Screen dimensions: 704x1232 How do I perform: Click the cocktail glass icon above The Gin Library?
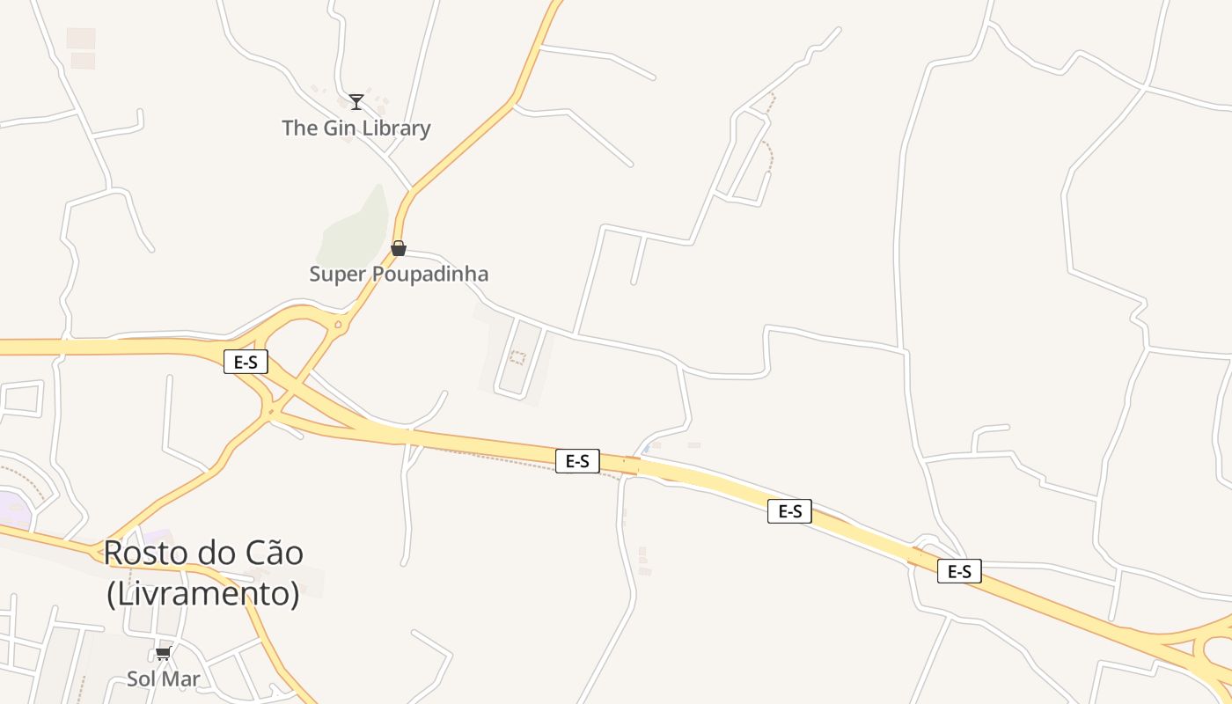point(356,102)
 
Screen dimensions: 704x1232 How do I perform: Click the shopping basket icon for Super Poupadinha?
point(399,248)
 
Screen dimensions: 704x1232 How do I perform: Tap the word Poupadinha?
point(430,275)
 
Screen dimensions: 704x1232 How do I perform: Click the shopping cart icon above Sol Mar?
point(163,653)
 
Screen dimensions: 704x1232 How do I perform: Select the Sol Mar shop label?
point(164,679)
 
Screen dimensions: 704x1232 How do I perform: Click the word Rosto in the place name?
point(142,554)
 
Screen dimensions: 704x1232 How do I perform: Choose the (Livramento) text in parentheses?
point(203,594)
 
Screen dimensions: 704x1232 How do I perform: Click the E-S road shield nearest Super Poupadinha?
point(246,362)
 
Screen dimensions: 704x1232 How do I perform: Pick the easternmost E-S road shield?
point(959,571)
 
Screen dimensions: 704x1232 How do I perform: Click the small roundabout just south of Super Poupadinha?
point(338,324)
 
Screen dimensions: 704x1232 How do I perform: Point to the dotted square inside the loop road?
point(517,358)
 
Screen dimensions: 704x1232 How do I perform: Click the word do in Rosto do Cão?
point(209,554)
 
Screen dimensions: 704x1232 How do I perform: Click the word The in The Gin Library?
point(299,128)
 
